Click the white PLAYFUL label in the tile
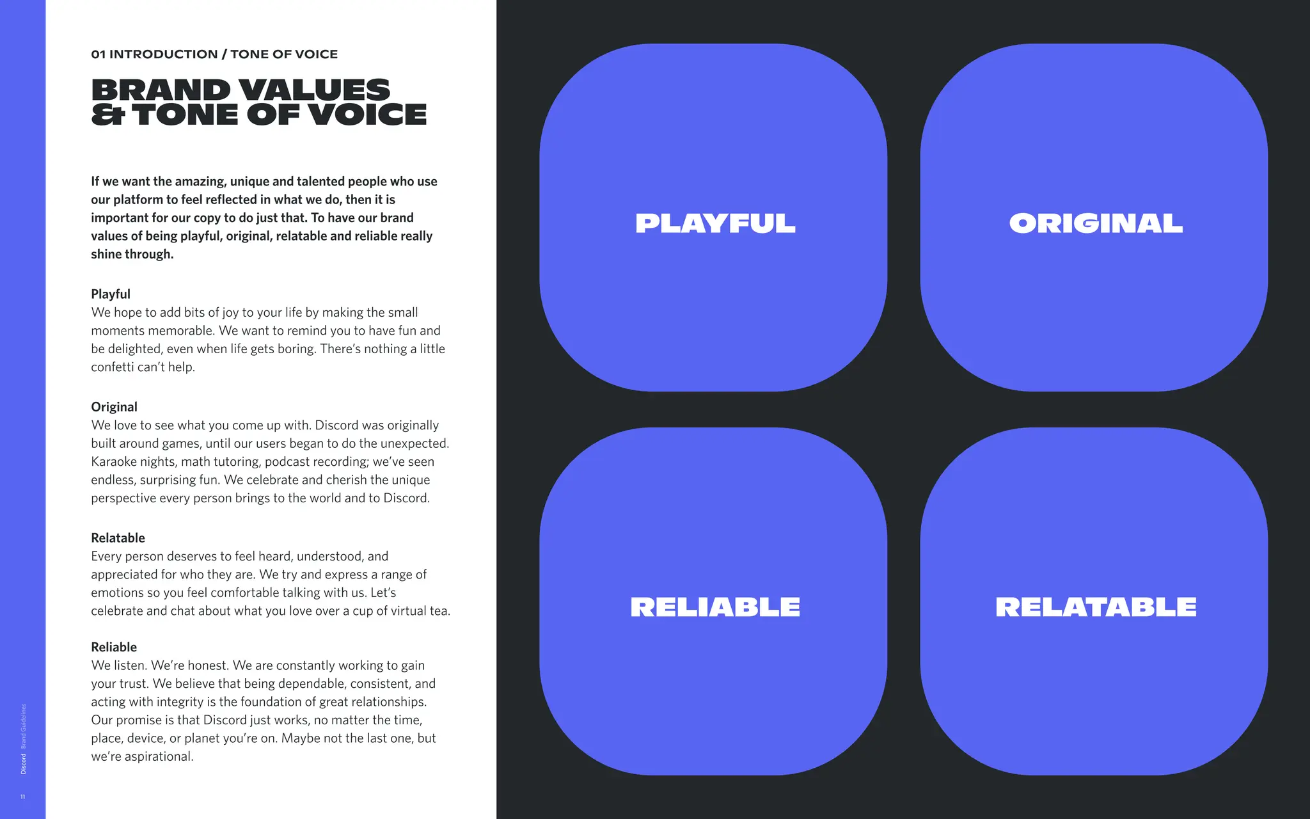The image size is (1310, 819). coord(715,223)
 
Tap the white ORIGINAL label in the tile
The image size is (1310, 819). coord(1096,223)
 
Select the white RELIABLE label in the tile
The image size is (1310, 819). coord(715,607)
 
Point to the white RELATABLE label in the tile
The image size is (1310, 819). coord(1096,607)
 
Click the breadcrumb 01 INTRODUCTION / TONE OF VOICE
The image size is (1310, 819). coord(214,54)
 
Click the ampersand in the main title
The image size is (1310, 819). coord(107,115)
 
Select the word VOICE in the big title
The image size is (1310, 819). coord(367,115)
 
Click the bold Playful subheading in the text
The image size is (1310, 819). coord(111,294)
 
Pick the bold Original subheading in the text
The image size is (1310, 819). coord(114,407)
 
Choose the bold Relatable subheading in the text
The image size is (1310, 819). coord(118,538)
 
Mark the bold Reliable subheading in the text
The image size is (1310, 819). coord(114,648)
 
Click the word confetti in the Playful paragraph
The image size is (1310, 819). coord(113,367)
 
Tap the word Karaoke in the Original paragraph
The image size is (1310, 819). coord(112,462)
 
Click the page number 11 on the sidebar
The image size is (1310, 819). coord(23,797)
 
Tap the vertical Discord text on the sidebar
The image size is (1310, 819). coord(24,764)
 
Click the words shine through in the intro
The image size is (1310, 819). coord(132,254)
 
